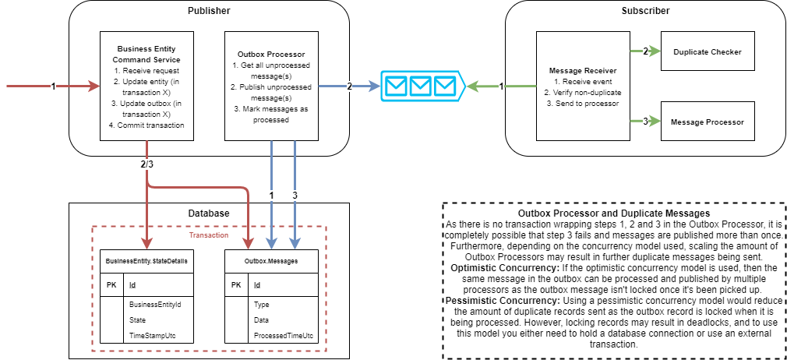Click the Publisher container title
click(x=209, y=11)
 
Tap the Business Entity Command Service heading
click(x=146, y=54)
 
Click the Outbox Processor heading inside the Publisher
click(x=271, y=54)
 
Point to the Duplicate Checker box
click(x=708, y=52)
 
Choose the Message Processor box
click(x=708, y=122)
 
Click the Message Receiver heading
click(x=583, y=70)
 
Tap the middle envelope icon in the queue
click(x=422, y=86)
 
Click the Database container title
click(x=209, y=213)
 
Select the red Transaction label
click(x=208, y=235)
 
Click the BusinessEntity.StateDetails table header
click(x=146, y=262)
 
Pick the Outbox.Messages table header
click(x=271, y=262)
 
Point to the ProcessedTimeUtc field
click(x=284, y=335)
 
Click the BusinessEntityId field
click(x=155, y=304)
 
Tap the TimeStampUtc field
click(x=151, y=335)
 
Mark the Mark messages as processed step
click(x=271, y=114)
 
